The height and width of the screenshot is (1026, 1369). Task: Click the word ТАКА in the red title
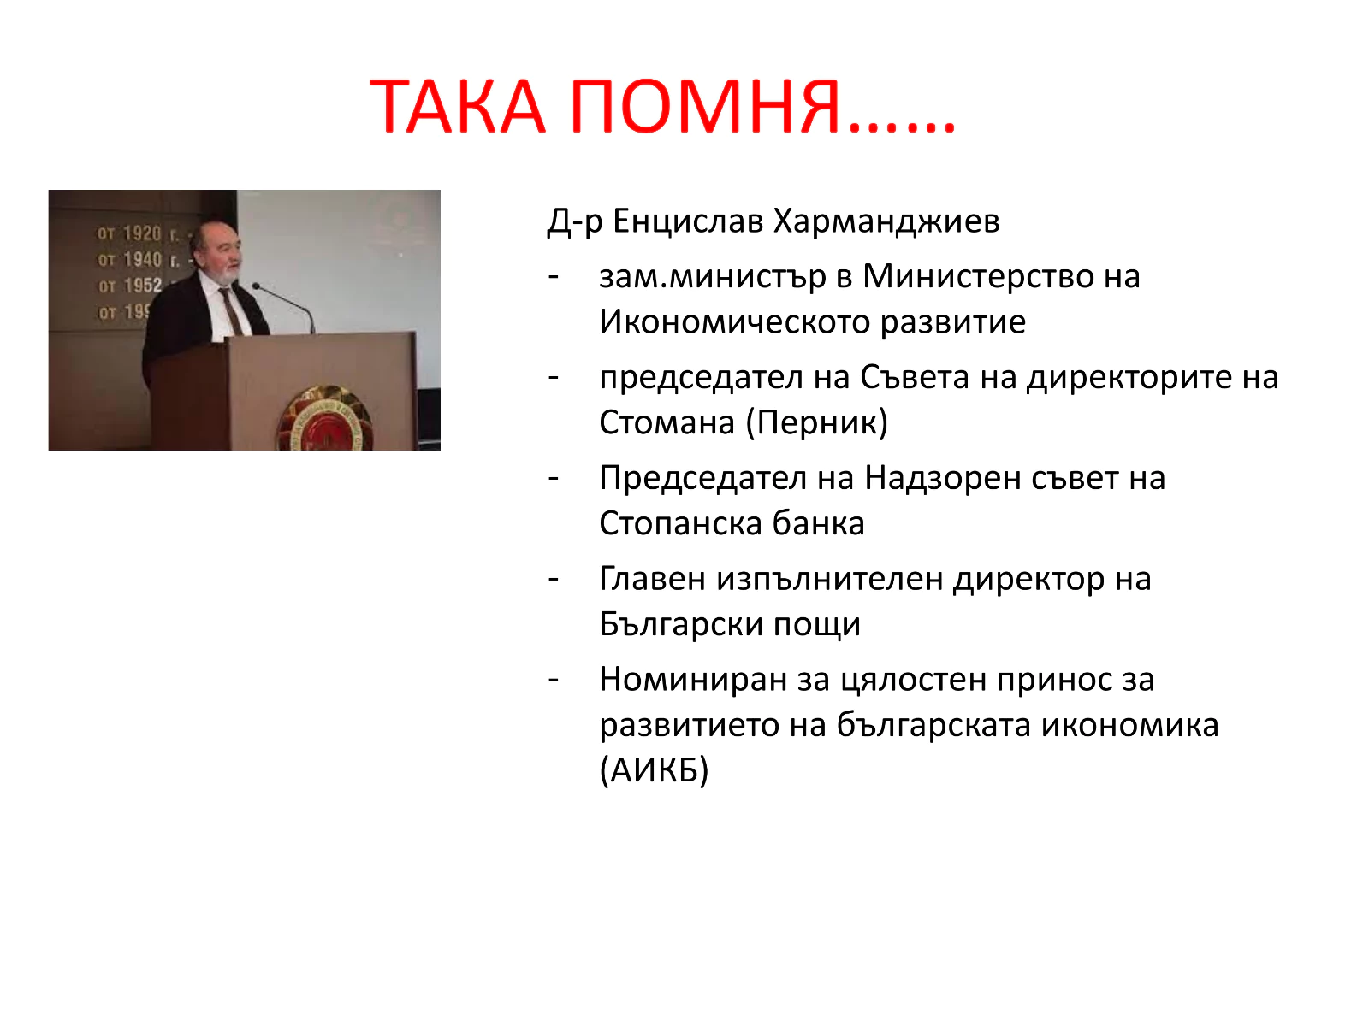click(458, 107)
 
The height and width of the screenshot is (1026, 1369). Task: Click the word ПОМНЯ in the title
click(705, 107)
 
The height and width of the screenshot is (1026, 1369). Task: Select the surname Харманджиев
click(886, 221)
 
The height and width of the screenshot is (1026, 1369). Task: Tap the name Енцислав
click(688, 221)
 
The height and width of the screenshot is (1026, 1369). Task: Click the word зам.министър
click(713, 276)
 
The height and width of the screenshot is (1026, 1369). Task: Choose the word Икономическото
click(735, 322)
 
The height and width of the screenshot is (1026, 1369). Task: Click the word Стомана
click(667, 422)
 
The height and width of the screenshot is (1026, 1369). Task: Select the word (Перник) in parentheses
click(817, 423)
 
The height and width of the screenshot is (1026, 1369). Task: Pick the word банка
click(819, 523)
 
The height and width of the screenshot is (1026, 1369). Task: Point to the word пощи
click(817, 626)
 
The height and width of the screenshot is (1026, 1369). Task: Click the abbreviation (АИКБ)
click(655, 771)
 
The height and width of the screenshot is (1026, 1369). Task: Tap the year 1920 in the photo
click(142, 233)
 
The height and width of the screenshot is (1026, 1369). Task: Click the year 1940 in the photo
click(143, 259)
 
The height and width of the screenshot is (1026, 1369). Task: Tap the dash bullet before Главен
click(554, 580)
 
